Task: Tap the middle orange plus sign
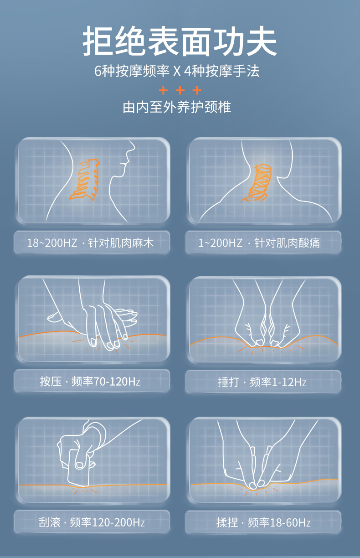[180, 90]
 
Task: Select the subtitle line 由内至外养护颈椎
[177, 107]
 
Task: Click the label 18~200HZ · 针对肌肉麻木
[90, 243]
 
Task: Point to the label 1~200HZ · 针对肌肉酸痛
[259, 243]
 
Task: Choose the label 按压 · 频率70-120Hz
[90, 382]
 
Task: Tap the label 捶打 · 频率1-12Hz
[262, 382]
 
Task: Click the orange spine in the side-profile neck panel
[85, 179]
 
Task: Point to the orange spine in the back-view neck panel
[257, 183]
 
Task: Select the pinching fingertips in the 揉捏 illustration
[257, 485]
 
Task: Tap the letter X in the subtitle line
[176, 71]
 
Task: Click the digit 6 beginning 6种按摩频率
[98, 71]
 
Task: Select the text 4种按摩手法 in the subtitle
[221, 71]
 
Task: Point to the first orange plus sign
[163, 90]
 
